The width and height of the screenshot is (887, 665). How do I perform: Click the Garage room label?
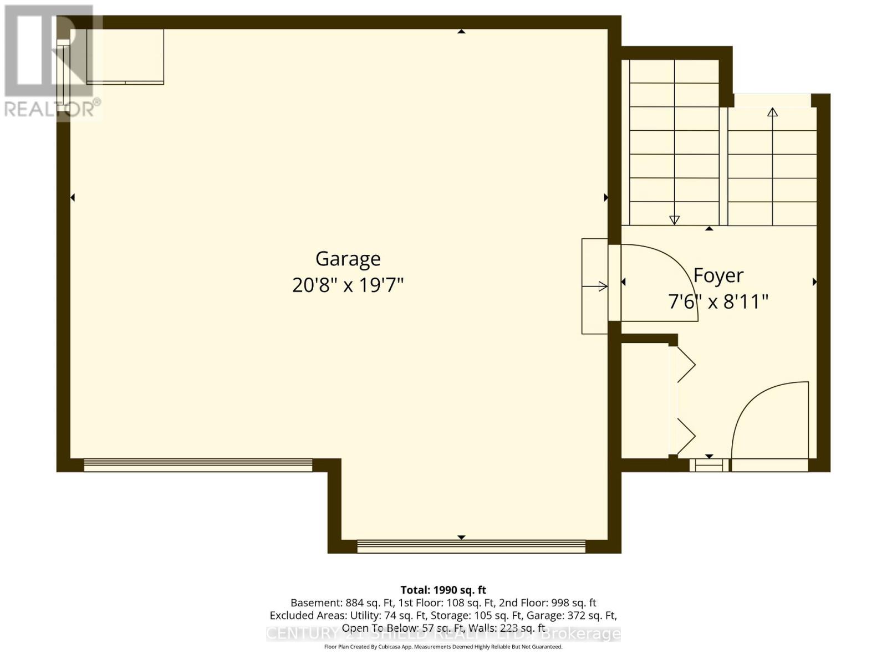point(348,258)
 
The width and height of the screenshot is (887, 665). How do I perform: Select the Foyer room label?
point(718,275)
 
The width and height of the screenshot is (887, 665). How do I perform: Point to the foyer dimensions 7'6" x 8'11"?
point(718,302)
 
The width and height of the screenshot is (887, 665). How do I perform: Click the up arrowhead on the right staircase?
point(772,111)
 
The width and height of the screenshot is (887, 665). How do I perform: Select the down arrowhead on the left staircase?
point(674,219)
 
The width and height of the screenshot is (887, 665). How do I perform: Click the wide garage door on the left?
point(198,465)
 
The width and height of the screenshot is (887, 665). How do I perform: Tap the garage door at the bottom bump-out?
point(471,546)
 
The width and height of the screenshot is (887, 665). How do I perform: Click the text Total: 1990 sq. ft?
point(443,590)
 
